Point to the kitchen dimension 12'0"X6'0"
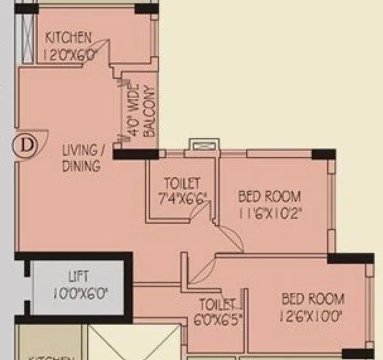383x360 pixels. coord(69,54)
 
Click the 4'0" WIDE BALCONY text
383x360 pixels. coord(140,111)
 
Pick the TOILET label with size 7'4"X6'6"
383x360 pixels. coord(182,183)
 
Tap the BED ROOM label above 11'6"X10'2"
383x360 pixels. coord(269,197)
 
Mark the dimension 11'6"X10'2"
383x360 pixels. coord(269,214)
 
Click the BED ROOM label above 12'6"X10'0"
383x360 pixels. coord(314,299)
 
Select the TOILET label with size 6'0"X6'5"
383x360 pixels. coord(218,303)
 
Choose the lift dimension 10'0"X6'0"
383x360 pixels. coord(80,293)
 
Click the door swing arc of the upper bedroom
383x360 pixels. coord(231,240)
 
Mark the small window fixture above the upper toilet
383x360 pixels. coord(204,146)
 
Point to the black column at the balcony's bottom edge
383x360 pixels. coord(136,153)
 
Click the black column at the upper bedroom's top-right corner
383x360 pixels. coord(324,154)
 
